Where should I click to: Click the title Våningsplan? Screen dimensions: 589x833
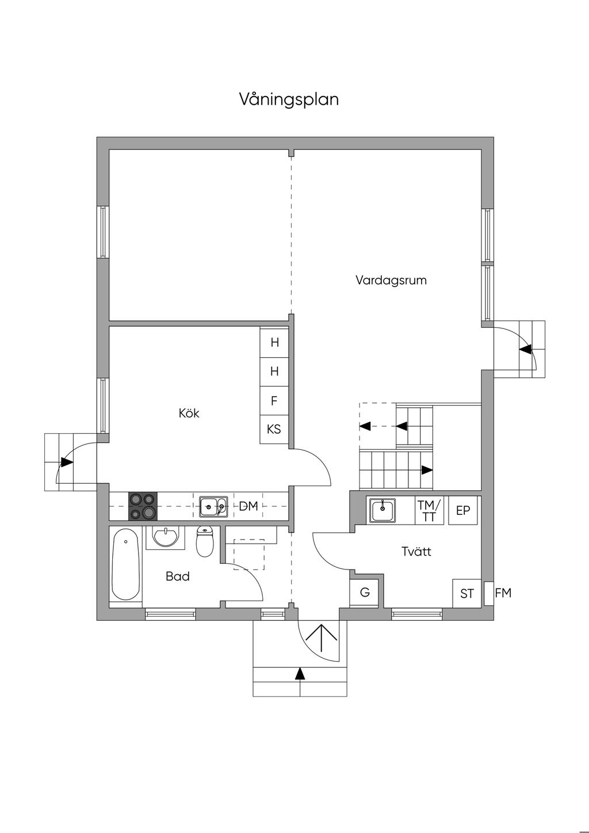pyautogui.click(x=289, y=100)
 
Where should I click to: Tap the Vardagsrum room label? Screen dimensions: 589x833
pyautogui.click(x=391, y=280)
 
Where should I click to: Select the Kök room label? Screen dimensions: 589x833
pyautogui.click(x=189, y=413)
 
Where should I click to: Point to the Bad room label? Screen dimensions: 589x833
pyautogui.click(x=178, y=576)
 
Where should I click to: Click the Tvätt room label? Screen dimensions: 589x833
pyautogui.click(x=416, y=551)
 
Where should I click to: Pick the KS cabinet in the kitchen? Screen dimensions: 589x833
pyautogui.click(x=274, y=429)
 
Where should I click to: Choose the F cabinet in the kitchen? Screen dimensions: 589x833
pyautogui.click(x=274, y=400)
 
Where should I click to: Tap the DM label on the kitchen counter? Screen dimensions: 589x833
pyautogui.click(x=248, y=506)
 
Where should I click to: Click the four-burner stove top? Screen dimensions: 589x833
pyautogui.click(x=143, y=506)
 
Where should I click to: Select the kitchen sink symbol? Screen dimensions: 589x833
pyautogui.click(x=214, y=506)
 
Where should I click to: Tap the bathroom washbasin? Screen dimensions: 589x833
pyautogui.click(x=166, y=537)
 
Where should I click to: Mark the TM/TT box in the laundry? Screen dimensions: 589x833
pyautogui.click(x=430, y=510)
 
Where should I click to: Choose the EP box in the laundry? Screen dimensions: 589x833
pyautogui.click(x=463, y=510)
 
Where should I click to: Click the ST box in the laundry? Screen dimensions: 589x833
pyautogui.click(x=466, y=594)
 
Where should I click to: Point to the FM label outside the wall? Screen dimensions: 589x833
pyautogui.click(x=503, y=593)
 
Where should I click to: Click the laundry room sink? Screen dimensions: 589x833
pyautogui.click(x=383, y=511)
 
